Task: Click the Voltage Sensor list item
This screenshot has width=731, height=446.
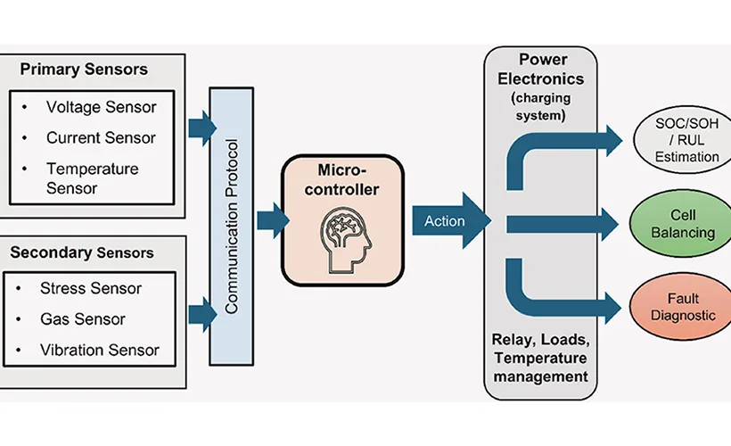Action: point(101,107)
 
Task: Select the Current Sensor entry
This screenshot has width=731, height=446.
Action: point(101,137)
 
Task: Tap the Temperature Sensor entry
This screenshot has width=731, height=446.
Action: point(93,178)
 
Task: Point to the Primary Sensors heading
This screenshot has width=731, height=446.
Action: point(84,69)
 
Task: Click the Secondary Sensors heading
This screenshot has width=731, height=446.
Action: point(82,252)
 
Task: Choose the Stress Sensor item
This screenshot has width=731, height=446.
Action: point(91,288)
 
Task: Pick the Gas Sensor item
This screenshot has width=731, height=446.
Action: point(83,319)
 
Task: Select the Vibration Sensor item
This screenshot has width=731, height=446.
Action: point(100,350)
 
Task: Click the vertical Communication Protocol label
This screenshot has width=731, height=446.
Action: point(232,227)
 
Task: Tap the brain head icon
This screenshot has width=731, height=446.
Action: point(346,240)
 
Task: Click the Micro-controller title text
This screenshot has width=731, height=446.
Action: point(342,179)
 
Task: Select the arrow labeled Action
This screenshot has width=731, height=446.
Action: point(451,220)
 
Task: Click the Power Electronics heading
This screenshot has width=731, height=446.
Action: point(541,69)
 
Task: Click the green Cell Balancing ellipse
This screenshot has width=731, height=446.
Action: point(682,224)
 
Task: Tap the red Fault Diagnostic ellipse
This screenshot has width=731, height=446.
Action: point(682,307)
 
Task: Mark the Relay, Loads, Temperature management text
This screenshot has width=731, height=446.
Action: point(541,358)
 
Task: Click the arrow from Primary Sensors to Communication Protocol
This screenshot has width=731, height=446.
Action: point(202,128)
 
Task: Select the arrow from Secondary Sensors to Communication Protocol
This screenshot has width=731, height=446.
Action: point(202,315)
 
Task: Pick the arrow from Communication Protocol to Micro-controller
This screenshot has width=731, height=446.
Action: point(273,220)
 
